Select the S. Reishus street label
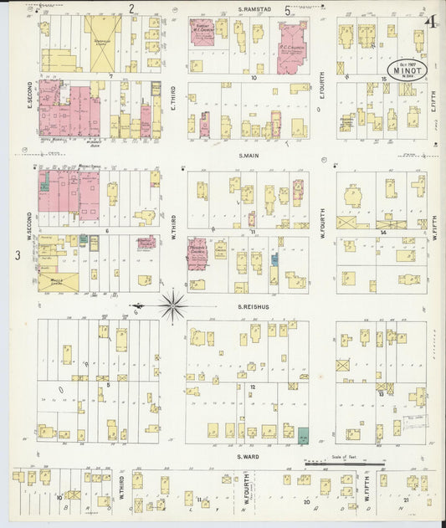(251, 307)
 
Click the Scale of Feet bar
(345, 462)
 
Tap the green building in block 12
(302, 434)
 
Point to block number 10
(252, 76)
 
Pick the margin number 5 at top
(288, 10)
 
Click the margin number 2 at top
(131, 9)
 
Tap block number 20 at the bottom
(306, 502)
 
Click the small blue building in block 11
(274, 259)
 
